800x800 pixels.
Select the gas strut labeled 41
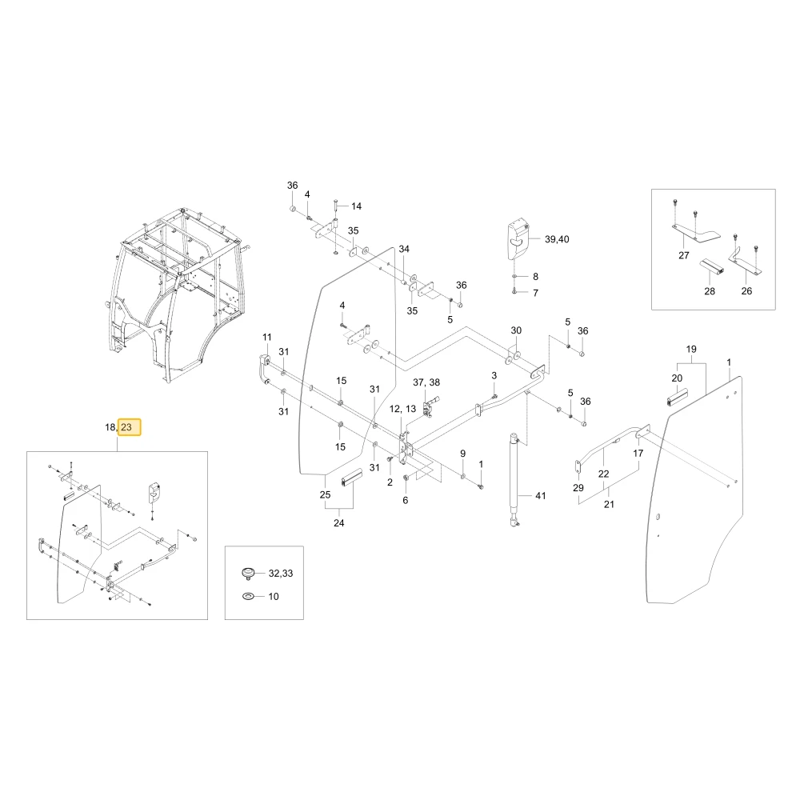point(514,479)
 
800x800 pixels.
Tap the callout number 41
point(540,495)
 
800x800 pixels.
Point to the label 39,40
point(557,239)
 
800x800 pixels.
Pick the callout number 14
point(356,206)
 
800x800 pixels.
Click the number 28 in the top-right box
point(709,291)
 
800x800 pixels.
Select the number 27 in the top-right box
point(684,256)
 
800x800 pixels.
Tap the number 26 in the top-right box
point(746,291)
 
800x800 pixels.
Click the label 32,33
point(281,574)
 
